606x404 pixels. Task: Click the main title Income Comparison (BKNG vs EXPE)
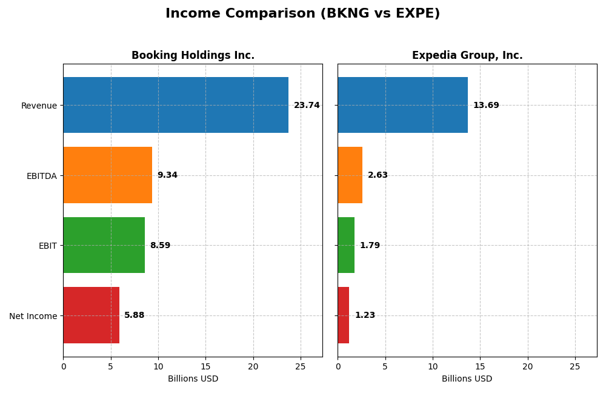click(x=302, y=13)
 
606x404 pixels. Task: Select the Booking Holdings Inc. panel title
click(x=193, y=55)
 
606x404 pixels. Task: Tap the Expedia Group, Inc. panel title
click(x=467, y=55)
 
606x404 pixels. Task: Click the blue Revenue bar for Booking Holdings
click(x=176, y=105)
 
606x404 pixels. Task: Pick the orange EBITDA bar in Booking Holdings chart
click(x=107, y=175)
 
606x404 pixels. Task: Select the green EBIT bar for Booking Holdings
click(x=104, y=245)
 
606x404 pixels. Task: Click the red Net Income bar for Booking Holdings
click(x=91, y=315)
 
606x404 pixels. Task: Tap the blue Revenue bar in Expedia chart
click(x=402, y=105)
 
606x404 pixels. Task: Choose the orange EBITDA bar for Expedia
click(x=350, y=175)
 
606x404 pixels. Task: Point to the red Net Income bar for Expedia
click(x=343, y=315)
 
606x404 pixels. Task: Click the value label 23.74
click(x=307, y=106)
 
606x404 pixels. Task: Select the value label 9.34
click(x=167, y=175)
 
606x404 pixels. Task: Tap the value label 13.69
click(x=486, y=106)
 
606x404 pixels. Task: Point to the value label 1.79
click(x=370, y=246)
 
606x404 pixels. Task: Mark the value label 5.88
click(x=135, y=315)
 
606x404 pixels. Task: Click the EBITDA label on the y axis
click(x=41, y=176)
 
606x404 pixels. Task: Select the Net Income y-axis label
click(x=33, y=316)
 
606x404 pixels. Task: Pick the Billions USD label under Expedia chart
click(x=467, y=379)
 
